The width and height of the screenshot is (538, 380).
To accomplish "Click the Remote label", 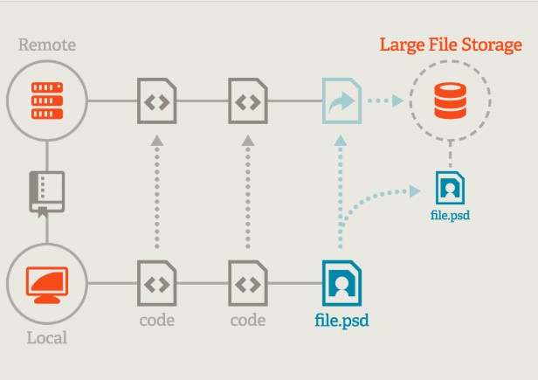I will coord(47,45).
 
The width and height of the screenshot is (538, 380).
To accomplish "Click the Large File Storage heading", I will coord(451,45).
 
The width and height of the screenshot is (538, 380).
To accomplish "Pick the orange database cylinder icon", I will coord(451,100).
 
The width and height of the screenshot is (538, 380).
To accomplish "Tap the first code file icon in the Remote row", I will coord(157,100).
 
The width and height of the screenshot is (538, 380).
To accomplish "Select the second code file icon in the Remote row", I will coord(248,100).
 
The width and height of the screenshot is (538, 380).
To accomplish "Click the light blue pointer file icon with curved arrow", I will coord(341,100).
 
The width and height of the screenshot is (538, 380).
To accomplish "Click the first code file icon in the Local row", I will coord(157,282).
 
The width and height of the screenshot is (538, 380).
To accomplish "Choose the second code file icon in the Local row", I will coord(248,282).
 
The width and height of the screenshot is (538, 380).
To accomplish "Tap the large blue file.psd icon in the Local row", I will coord(341,282).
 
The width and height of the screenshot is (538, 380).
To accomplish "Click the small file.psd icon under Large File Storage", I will coord(451,187).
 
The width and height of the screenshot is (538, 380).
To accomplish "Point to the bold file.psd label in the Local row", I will coord(341,321).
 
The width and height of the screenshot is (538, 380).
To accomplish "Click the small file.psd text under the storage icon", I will coord(451,213).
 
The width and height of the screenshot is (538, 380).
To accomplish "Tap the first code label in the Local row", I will coord(157,321).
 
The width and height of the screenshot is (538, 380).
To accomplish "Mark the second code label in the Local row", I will coord(248,321).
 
